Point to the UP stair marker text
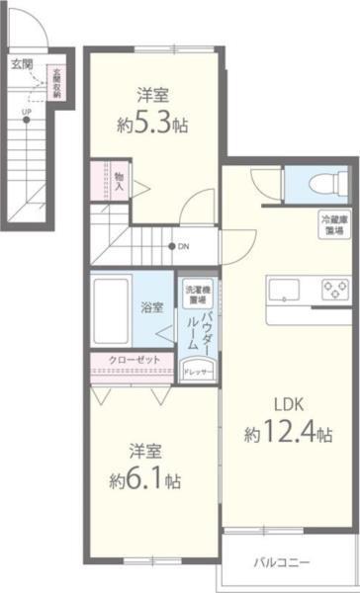[x=26, y=111]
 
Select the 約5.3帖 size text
[x=152, y=126]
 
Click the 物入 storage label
[x=119, y=180]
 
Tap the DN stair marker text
[x=184, y=247]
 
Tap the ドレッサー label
[x=196, y=371]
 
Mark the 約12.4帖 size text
[x=288, y=435]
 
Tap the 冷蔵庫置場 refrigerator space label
[x=333, y=223]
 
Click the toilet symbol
[x=321, y=182]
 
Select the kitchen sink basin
[x=285, y=290]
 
